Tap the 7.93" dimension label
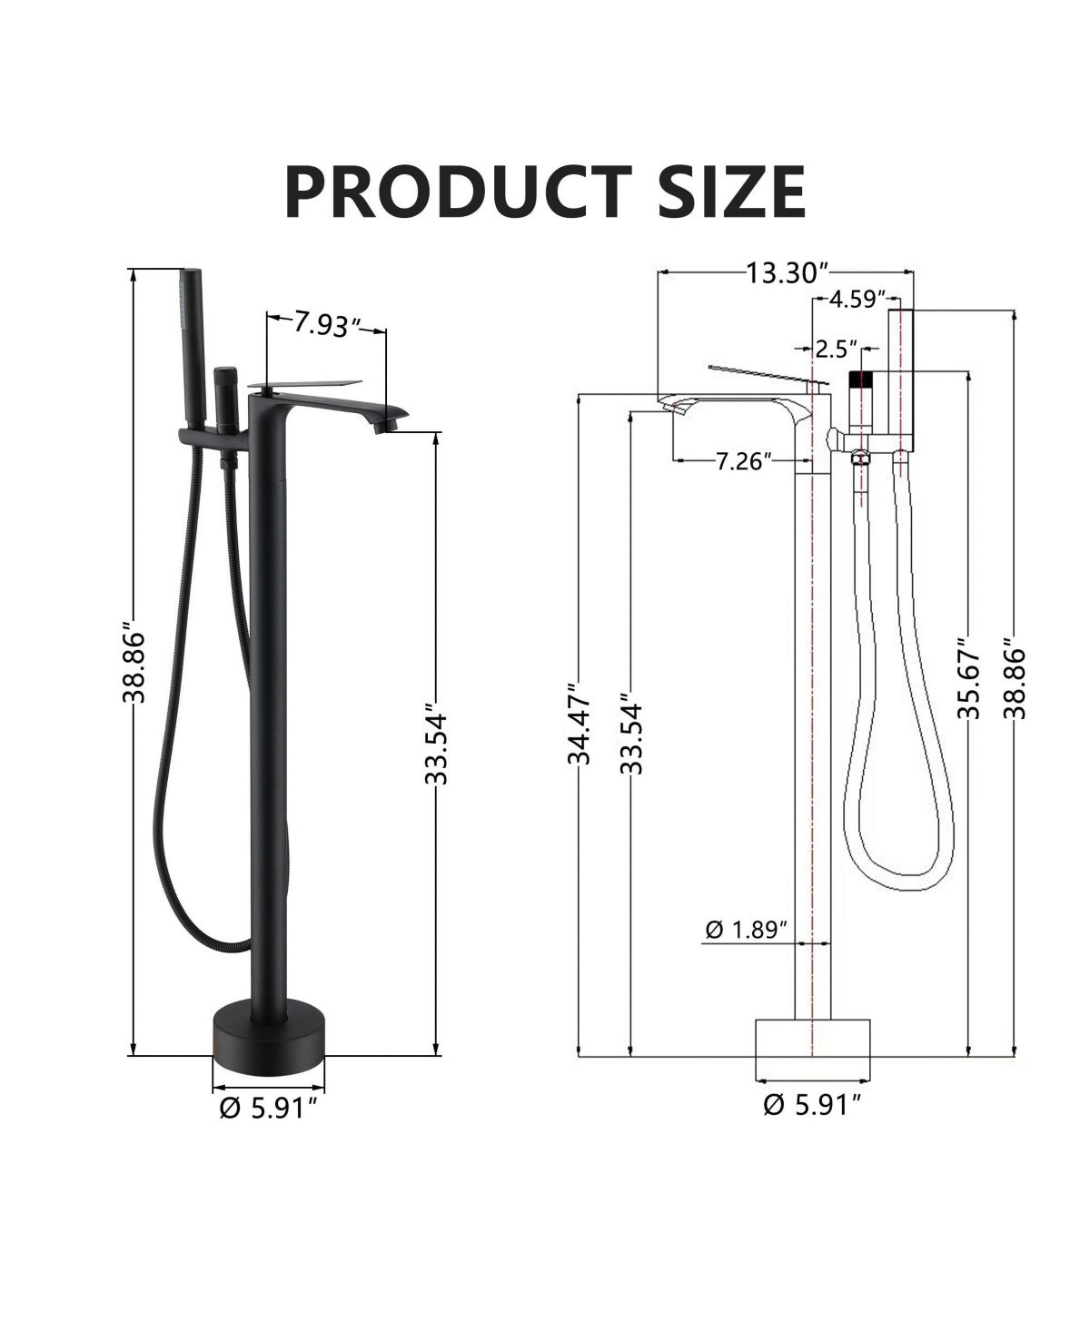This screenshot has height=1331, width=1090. pyautogui.click(x=326, y=325)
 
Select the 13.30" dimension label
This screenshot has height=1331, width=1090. pyautogui.click(x=787, y=273)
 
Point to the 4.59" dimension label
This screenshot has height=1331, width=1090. pyautogui.click(x=857, y=299)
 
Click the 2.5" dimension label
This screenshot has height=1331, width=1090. pyautogui.click(x=837, y=349)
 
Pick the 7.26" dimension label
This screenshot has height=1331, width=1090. pyautogui.click(x=744, y=461)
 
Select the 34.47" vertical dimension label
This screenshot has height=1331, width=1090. pyautogui.click(x=579, y=724)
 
